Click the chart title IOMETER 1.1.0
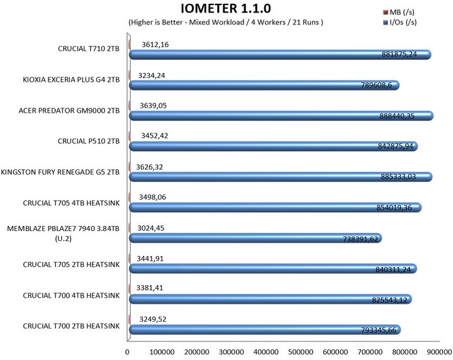coord(226,9)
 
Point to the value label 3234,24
coord(154,74)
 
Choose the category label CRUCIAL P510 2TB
coord(88,141)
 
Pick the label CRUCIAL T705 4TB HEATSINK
coord(70,202)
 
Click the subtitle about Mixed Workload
coord(226,23)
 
